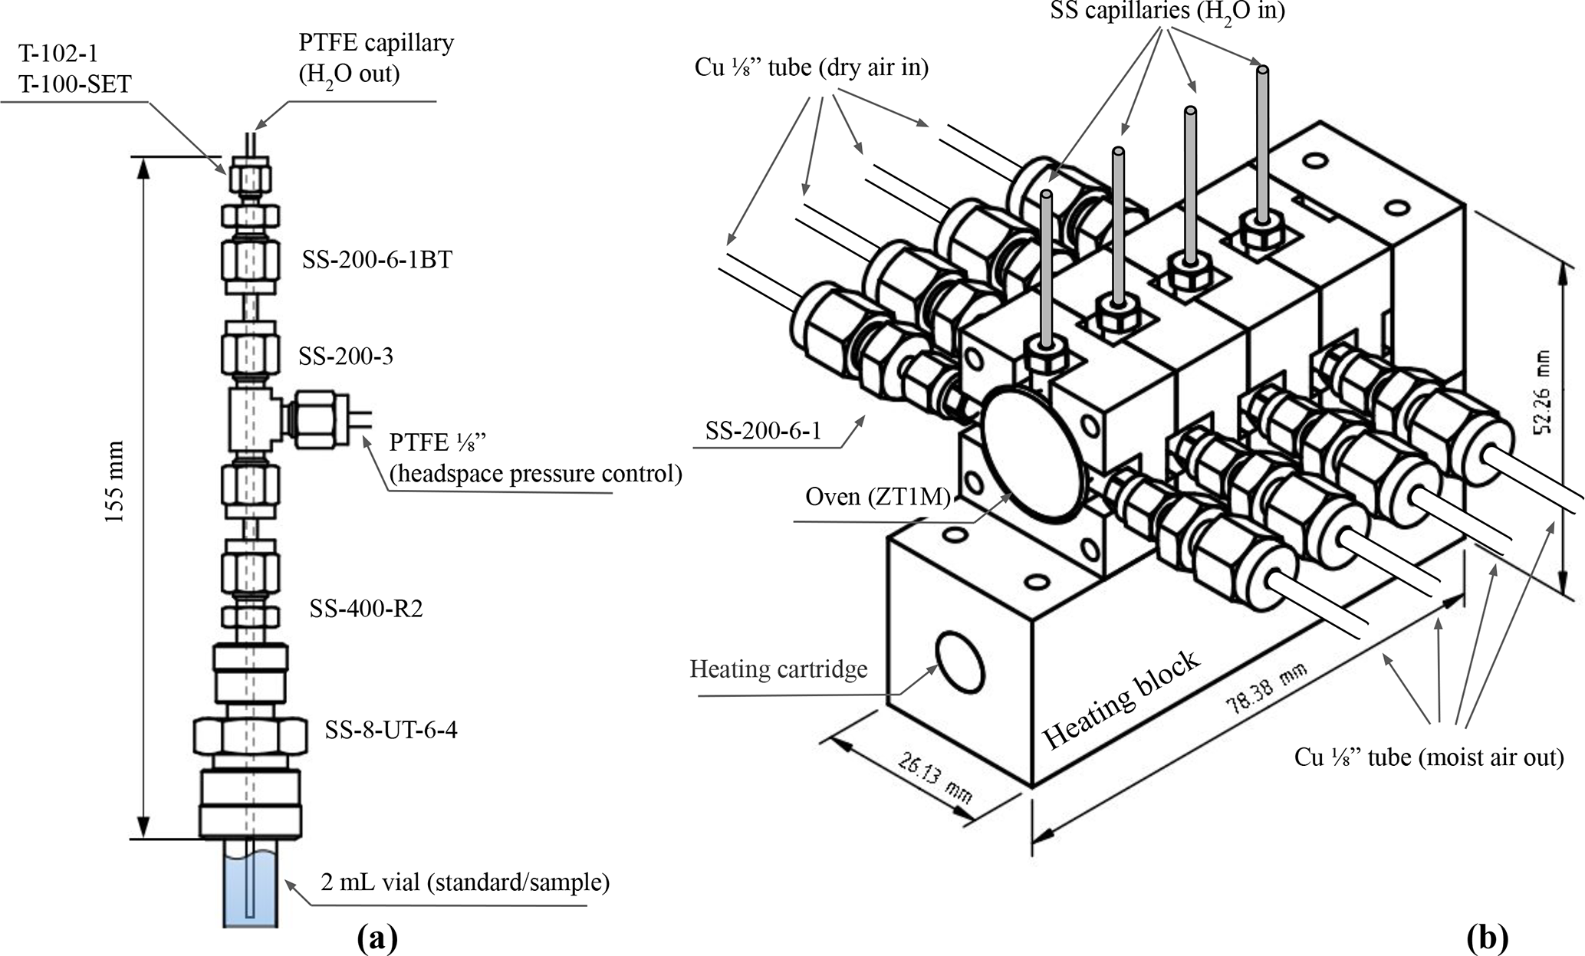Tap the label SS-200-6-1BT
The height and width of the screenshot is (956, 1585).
(377, 261)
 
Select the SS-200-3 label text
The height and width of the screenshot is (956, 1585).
(346, 356)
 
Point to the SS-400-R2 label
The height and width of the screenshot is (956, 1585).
(366, 609)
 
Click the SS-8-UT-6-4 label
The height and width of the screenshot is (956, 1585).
(391, 730)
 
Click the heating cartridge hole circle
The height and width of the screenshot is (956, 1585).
(961, 661)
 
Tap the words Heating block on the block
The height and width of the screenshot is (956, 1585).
(1120, 698)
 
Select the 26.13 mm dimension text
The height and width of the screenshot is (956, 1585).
(932, 777)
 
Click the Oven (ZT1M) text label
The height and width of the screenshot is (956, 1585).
(877, 498)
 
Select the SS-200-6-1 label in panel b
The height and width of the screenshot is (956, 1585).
(763, 431)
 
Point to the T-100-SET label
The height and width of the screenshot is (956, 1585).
(75, 83)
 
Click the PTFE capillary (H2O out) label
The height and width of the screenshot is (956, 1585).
(376, 58)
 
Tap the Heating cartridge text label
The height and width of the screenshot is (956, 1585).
(778, 669)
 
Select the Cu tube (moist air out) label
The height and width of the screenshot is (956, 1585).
(1429, 757)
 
